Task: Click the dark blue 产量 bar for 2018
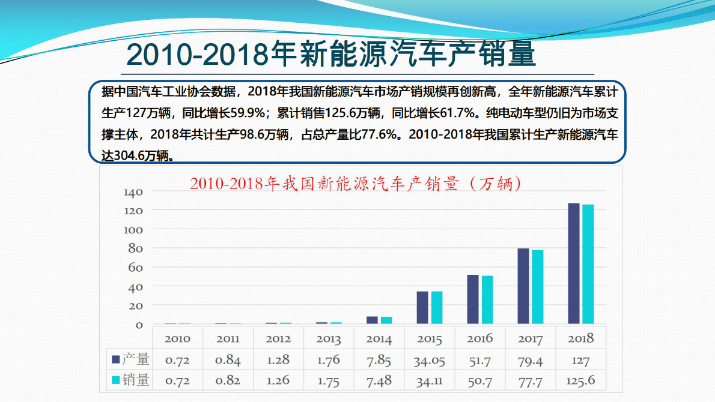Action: pyautogui.click(x=574, y=264)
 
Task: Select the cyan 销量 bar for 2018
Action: pyautogui.click(x=588, y=265)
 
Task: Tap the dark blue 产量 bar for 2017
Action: pyautogui.click(x=523, y=286)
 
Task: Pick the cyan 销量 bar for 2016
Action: pyautogui.click(x=487, y=300)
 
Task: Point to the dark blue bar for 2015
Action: pyautogui.click(x=422, y=308)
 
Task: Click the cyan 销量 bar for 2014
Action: pyautogui.click(x=386, y=320)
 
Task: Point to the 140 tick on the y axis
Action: pyautogui.click(x=133, y=192)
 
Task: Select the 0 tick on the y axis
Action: pyautogui.click(x=139, y=325)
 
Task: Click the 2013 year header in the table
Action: pyautogui.click(x=329, y=339)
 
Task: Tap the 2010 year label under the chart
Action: pyautogui.click(x=177, y=339)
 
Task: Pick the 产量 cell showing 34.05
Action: pyautogui.click(x=429, y=360)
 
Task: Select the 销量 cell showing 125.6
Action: pyautogui.click(x=580, y=380)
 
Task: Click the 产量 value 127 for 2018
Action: pyautogui.click(x=580, y=361)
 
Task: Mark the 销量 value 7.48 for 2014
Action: pyautogui.click(x=379, y=380)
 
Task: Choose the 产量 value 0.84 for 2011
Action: pyautogui.click(x=228, y=360)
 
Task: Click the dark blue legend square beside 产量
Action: pyautogui.click(x=115, y=359)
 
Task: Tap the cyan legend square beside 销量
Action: pyautogui.click(x=115, y=380)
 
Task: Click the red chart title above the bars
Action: pyautogui.click(x=355, y=184)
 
